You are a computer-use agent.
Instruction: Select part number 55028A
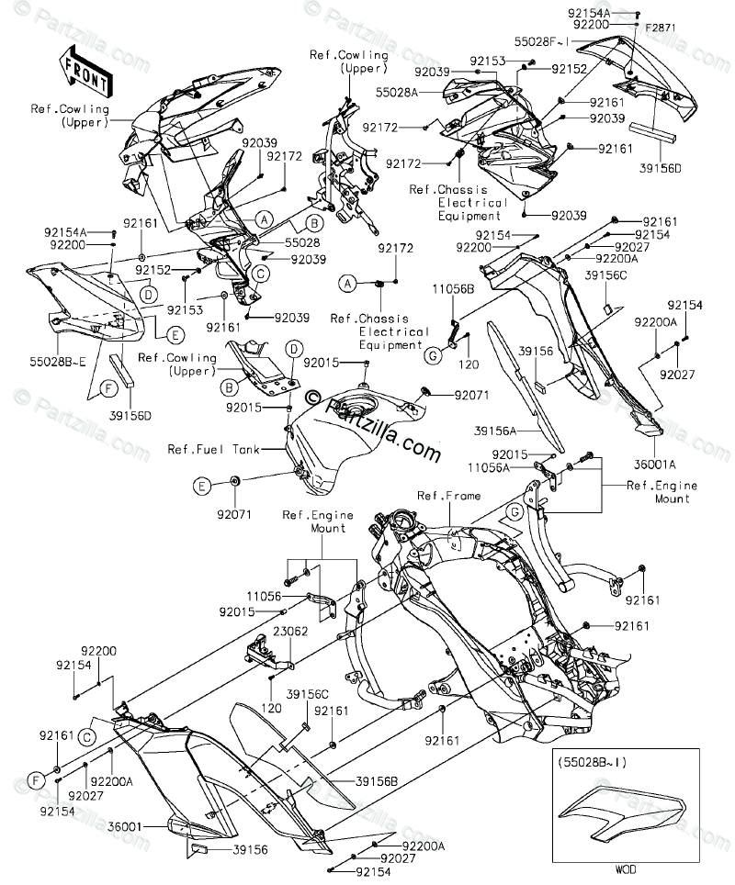pyautogui.click(x=397, y=92)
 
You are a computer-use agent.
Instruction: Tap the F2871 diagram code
pyautogui.click(x=661, y=28)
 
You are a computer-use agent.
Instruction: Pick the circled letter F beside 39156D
pyautogui.click(x=108, y=387)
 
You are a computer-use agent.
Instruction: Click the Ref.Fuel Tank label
pyautogui.click(x=213, y=449)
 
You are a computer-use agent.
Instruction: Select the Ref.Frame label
pyautogui.click(x=449, y=496)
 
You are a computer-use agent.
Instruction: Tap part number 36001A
pyautogui.click(x=655, y=465)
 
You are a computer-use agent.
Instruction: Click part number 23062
pyautogui.click(x=291, y=631)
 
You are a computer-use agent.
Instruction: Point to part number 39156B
pyautogui.click(x=377, y=781)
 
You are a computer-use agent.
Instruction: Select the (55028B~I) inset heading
pyautogui.click(x=592, y=762)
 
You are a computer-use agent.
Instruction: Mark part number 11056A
pyautogui.click(x=489, y=467)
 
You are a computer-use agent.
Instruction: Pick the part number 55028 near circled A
pyautogui.click(x=302, y=242)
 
